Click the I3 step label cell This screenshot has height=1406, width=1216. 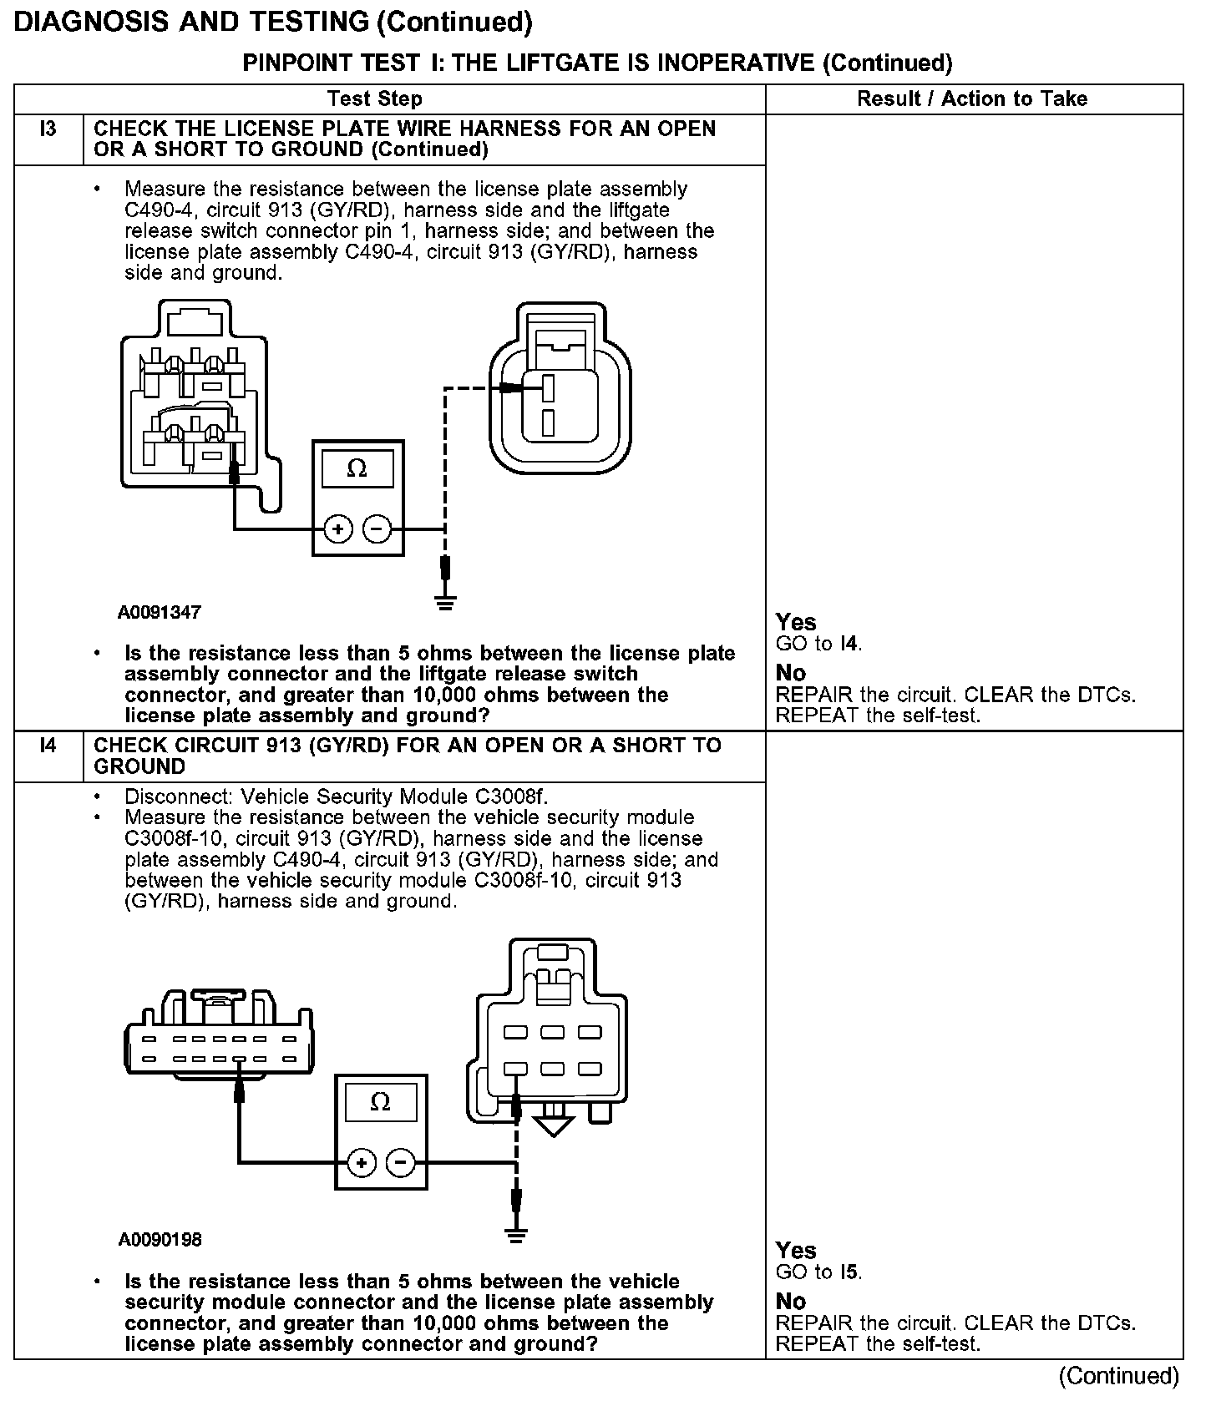(x=48, y=130)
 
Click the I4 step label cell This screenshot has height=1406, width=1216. (x=48, y=746)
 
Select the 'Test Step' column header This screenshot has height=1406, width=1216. (x=375, y=99)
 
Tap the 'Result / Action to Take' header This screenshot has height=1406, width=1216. (x=972, y=99)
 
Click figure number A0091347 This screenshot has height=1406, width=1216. (x=160, y=612)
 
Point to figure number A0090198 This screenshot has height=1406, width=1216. (x=160, y=1240)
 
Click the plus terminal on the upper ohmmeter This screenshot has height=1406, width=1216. (x=337, y=529)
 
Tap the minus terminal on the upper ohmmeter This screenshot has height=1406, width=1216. (x=377, y=529)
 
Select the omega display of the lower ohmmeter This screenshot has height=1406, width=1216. (x=380, y=1104)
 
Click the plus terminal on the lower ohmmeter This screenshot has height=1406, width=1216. (x=361, y=1163)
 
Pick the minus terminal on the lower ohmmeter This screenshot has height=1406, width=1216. (x=401, y=1163)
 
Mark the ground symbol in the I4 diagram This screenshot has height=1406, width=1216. (x=517, y=1234)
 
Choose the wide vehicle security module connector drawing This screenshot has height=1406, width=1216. (x=220, y=1039)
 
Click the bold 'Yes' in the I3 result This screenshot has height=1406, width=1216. (x=796, y=622)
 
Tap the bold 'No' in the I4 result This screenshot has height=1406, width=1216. (x=791, y=1301)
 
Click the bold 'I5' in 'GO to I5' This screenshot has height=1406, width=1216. (x=849, y=1272)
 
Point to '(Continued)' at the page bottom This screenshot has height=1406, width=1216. (x=1118, y=1376)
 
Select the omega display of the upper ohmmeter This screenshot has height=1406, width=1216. (x=357, y=469)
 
